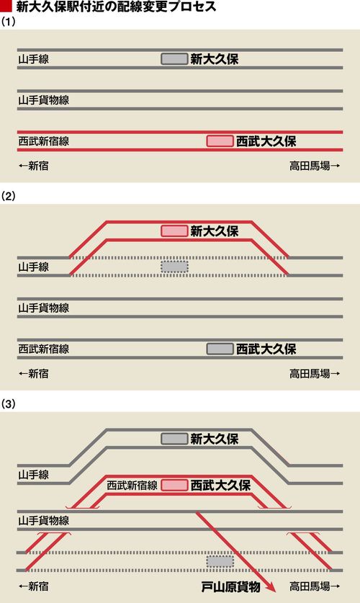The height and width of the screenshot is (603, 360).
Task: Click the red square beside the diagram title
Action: point(6,6)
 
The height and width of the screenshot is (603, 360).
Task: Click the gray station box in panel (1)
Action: point(174,59)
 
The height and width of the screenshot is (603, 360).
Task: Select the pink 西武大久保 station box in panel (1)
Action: point(220,141)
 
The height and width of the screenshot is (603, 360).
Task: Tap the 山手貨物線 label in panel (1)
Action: point(44,100)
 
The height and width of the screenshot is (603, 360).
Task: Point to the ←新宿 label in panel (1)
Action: point(34,166)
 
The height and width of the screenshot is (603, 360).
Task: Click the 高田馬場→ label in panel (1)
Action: point(315,166)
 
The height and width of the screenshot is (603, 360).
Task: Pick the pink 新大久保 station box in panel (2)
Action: point(174,231)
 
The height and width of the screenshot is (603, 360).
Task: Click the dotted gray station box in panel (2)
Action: point(174,267)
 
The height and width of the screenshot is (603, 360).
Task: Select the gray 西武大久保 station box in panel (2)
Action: point(220,349)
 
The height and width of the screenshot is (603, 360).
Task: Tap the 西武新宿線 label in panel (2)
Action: point(44,349)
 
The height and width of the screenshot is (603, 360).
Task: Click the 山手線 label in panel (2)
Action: point(34,267)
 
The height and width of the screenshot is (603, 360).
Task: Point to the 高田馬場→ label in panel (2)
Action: point(315,373)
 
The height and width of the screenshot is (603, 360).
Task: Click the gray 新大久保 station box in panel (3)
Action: point(174,439)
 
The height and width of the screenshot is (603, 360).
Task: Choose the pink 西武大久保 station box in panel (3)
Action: point(174,485)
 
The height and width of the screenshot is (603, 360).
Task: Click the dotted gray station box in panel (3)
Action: point(220,561)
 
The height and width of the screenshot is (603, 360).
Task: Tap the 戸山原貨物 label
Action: point(231,587)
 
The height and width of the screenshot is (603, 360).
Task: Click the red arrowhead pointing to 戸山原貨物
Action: point(271,587)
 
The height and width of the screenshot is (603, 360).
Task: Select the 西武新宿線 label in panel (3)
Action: point(132,485)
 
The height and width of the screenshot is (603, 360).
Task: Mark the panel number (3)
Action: point(8,403)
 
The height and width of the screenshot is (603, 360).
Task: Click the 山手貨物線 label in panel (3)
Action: point(44,520)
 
